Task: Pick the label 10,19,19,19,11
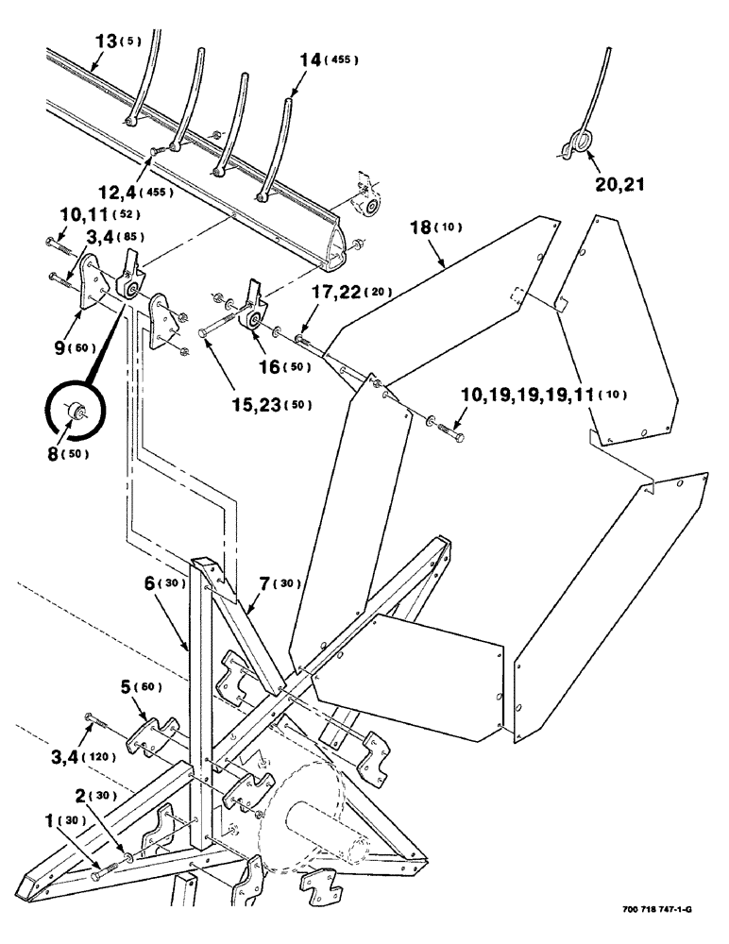pos(517,392)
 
